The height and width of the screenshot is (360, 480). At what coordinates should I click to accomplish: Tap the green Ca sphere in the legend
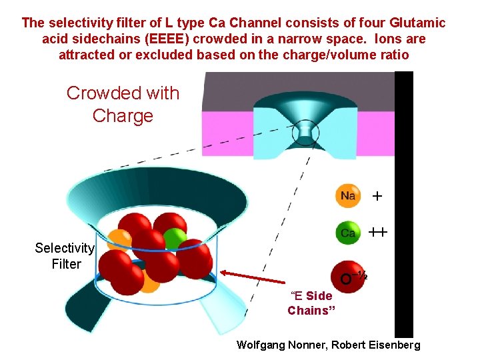point(348,233)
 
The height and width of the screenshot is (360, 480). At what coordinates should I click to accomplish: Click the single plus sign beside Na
point(377,197)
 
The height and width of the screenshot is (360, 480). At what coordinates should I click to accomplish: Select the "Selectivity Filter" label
point(65,256)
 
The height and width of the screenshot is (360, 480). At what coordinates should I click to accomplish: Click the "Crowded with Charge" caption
point(123,104)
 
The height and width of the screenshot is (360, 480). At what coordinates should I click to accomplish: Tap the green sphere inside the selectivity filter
point(175,238)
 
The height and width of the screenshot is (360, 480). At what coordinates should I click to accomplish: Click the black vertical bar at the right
point(404,200)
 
